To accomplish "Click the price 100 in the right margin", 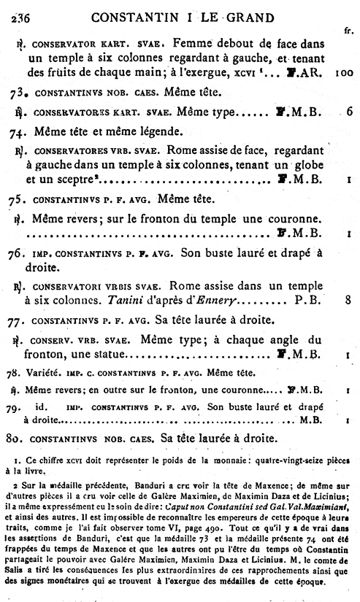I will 346,74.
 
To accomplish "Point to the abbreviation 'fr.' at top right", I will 347,31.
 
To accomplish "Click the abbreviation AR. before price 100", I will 312,74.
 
